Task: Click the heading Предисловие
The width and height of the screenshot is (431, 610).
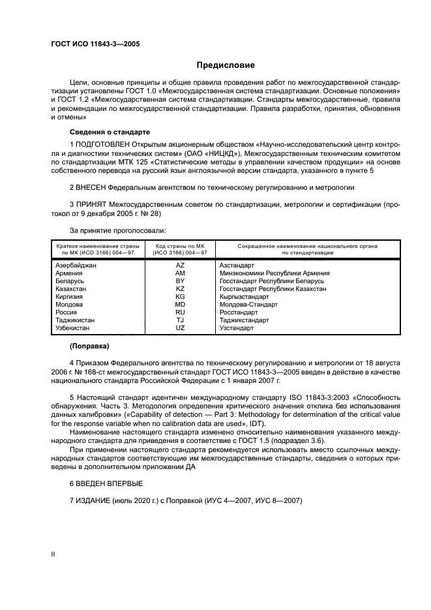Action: tap(226, 65)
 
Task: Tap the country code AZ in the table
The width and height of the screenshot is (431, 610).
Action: tap(180, 266)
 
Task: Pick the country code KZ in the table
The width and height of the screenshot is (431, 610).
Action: tap(180, 288)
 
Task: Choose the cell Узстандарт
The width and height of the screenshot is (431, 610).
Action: tap(237, 328)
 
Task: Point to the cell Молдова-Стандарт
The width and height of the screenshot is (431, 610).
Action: tap(248, 304)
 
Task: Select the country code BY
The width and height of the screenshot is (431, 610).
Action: tap(180, 281)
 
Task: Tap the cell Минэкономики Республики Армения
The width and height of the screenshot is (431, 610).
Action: tap(274, 273)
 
